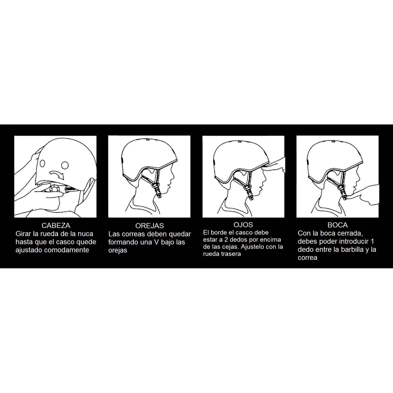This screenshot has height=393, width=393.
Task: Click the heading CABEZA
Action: tap(56, 226)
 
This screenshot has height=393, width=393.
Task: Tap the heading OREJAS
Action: tap(150, 226)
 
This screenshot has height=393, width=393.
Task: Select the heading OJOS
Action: tap(243, 225)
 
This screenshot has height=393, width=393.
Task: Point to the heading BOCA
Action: tap(337, 225)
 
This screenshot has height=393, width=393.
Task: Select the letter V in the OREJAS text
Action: tap(156, 242)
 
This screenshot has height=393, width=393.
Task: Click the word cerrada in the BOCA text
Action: tap(350, 233)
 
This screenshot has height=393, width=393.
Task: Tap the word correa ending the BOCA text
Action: tap(308, 258)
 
